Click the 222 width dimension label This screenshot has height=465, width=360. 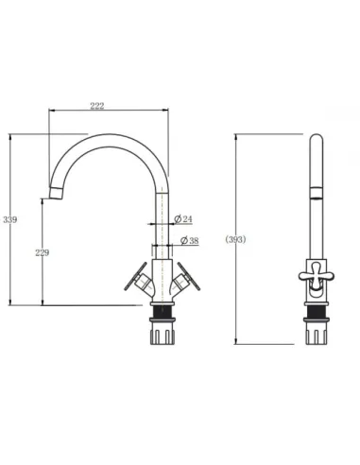tap(97, 106)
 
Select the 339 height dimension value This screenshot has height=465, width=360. tap(10, 219)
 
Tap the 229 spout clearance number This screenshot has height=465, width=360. tap(43, 252)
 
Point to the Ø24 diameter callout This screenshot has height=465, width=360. tap(183, 219)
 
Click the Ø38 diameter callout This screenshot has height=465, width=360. tap(190, 240)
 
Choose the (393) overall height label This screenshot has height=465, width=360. tap(235, 240)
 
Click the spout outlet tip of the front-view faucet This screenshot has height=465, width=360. tap(56, 193)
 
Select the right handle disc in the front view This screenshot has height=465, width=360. tap(188, 276)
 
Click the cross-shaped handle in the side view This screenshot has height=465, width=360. tap(317, 275)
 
